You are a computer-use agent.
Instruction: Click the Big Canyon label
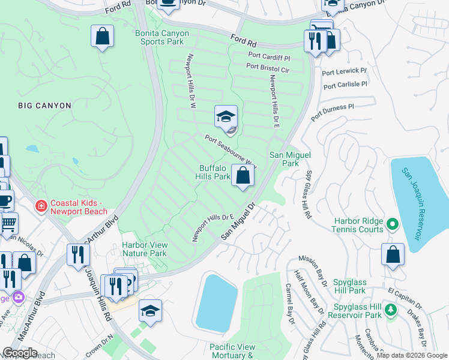click(44, 106)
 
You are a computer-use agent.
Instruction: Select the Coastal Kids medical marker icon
click(41, 206)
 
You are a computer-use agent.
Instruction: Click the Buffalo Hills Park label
click(213, 172)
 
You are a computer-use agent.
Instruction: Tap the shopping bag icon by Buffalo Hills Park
click(243, 176)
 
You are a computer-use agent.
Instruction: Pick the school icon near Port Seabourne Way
click(226, 117)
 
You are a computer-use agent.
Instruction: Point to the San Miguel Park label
click(291, 159)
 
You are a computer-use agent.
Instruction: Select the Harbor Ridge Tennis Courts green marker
click(393, 225)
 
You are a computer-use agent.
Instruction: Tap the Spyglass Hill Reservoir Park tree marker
click(391, 310)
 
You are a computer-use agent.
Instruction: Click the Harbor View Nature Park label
click(144, 249)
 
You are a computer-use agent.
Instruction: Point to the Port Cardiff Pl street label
click(269, 58)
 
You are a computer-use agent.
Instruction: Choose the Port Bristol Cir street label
click(268, 69)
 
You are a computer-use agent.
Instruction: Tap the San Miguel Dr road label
click(238, 221)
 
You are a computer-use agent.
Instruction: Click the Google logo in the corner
click(20, 353)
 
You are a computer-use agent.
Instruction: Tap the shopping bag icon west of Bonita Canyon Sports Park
click(103, 36)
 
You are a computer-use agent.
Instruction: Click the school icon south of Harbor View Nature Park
click(151, 311)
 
